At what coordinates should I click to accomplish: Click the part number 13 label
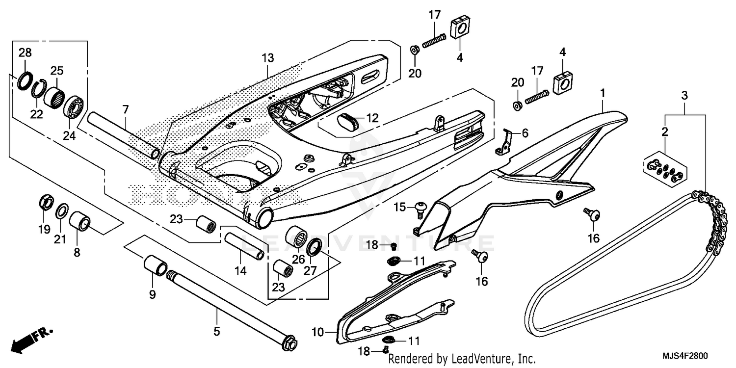click(x=267, y=58)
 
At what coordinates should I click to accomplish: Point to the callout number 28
click(x=25, y=53)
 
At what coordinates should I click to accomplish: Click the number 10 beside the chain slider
click(x=317, y=332)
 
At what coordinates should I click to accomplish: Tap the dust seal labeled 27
click(x=315, y=247)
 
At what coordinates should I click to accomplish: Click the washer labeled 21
click(x=62, y=212)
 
